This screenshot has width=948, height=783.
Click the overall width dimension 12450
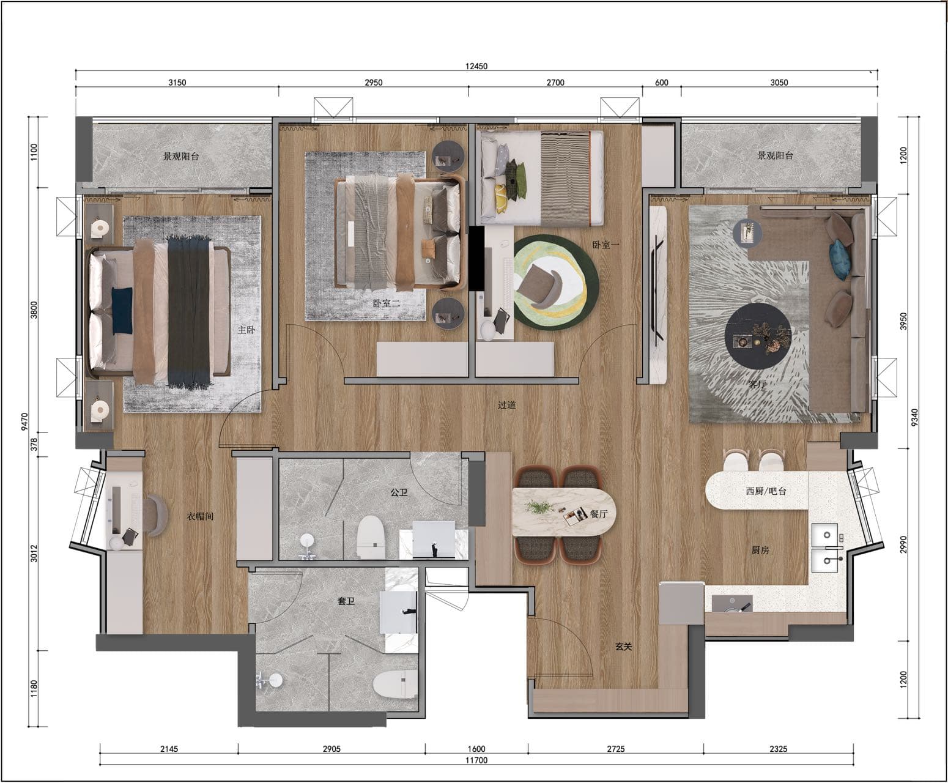pos(476,66)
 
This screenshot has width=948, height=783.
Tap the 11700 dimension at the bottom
pos(476,760)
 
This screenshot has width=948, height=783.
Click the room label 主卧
pos(246,330)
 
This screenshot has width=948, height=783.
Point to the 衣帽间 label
pos(200,516)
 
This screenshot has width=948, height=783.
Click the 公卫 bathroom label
pos(399,492)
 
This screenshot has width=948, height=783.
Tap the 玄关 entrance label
pos(623,647)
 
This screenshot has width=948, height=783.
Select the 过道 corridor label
pos(506,405)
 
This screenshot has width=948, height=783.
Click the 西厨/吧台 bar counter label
pos(766,491)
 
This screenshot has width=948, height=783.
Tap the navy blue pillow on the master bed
pos(122,310)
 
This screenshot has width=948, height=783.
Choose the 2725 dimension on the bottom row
pos(616,749)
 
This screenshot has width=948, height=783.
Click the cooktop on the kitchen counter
pos(731,604)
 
